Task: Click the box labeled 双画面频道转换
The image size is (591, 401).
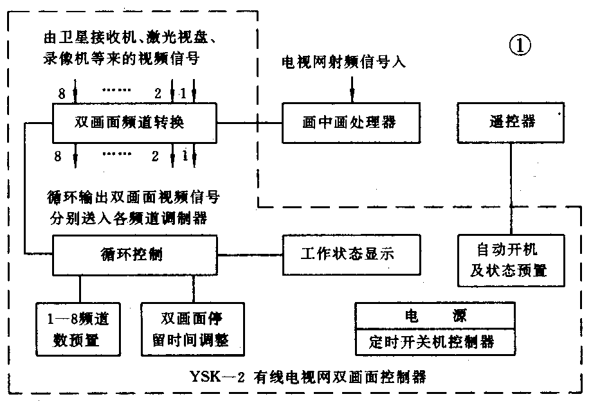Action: pyautogui.click(x=134, y=122)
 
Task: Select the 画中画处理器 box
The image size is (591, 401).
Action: pyautogui.click(x=351, y=122)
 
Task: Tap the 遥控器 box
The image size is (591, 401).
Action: pyautogui.click(x=511, y=122)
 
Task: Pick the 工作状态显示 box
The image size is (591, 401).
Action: pyautogui.click(x=351, y=254)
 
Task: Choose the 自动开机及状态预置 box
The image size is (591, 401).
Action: pyautogui.click(x=511, y=260)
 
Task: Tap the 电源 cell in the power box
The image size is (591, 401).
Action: pyautogui.click(x=436, y=316)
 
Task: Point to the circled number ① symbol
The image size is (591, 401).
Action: pyautogui.click(x=520, y=47)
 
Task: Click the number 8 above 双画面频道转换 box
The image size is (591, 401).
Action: pyautogui.click(x=62, y=94)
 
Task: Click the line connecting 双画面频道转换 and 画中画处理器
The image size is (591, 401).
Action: pyautogui.click(x=250, y=122)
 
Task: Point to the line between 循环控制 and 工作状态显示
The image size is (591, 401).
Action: pyautogui.click(x=251, y=254)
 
